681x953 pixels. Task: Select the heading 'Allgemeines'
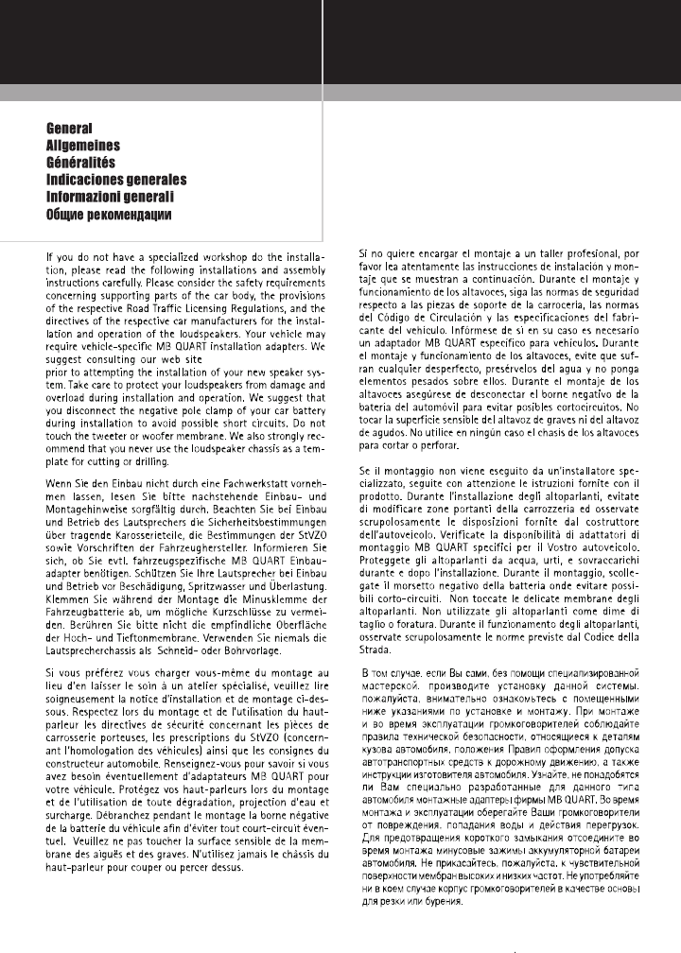point(83,146)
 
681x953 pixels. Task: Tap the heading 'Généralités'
point(83,163)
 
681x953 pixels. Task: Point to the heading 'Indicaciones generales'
point(116,180)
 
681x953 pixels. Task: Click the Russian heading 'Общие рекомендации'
point(109,215)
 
